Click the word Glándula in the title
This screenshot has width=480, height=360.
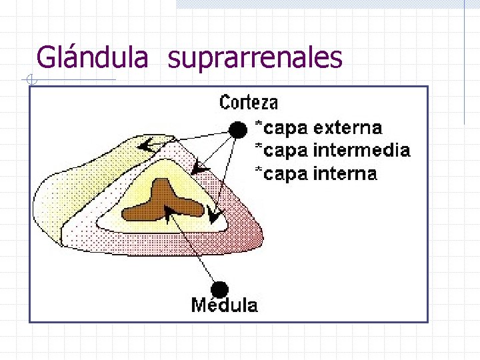92,57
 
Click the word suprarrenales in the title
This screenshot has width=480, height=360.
255,59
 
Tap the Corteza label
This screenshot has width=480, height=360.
249,102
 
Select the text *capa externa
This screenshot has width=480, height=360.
319,127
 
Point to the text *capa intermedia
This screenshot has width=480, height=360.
333,151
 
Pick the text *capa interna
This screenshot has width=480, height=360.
317,174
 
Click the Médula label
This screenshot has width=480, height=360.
224,305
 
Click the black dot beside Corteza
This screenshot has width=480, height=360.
237,129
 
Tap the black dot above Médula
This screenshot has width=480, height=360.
219,289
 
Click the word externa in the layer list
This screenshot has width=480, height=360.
348,127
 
